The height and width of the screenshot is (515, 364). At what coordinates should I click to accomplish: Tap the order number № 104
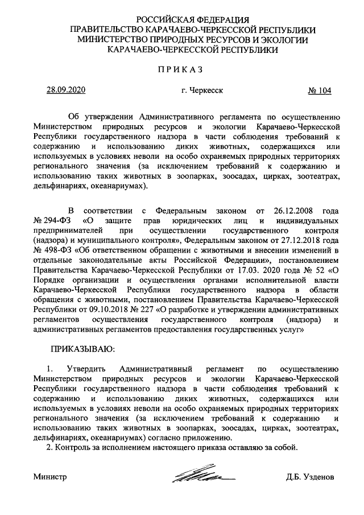[319, 90]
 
